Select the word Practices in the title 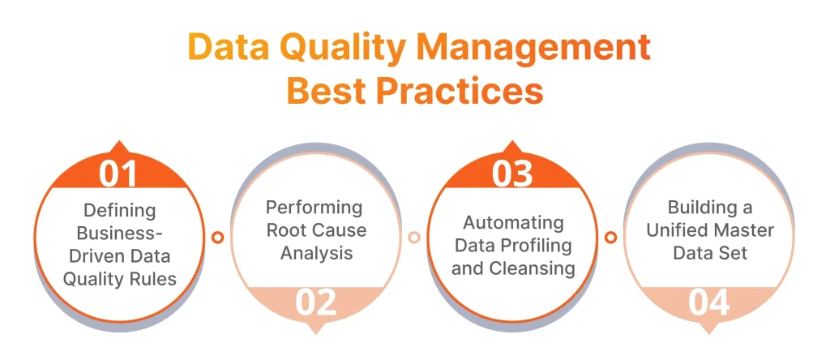[x=460, y=92]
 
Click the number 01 [x=118, y=174]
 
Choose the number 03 [x=512, y=174]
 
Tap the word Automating [x=513, y=223]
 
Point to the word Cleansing [x=532, y=268]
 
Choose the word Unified [x=675, y=230]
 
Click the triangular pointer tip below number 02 [x=316, y=334]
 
